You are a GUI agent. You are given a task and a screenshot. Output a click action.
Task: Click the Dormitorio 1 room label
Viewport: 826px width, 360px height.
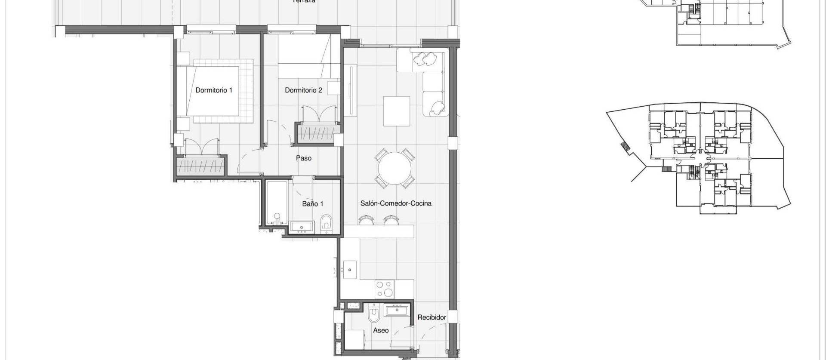tap(214, 90)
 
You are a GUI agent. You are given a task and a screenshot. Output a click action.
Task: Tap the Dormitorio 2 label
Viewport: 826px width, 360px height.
tap(303, 90)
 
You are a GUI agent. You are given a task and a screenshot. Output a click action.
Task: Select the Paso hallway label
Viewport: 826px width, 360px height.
tap(304, 158)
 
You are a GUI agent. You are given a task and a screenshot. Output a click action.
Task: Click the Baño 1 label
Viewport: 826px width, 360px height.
tap(312, 204)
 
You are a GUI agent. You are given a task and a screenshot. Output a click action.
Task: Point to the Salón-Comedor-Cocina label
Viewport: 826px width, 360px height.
tap(396, 203)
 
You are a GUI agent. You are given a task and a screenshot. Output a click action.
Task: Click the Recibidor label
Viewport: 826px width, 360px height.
tap(431, 317)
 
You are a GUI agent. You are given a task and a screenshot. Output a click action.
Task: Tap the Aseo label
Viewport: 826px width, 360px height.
tap(381, 330)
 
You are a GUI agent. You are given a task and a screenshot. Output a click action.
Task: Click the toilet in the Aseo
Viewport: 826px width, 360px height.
tap(373, 315)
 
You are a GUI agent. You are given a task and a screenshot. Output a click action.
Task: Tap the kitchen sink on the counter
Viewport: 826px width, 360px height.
tap(349, 269)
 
